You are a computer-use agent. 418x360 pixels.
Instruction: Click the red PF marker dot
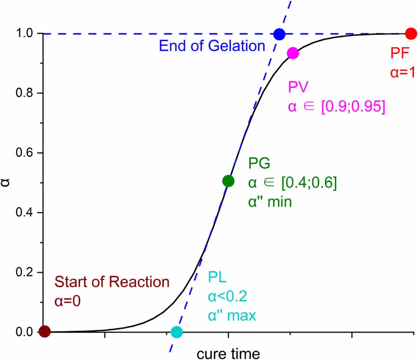pyautogui.click(x=411, y=33)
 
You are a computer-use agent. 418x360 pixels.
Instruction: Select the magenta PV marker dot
pyautogui.click(x=293, y=53)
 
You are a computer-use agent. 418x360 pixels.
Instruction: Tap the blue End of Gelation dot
pyautogui.click(x=279, y=34)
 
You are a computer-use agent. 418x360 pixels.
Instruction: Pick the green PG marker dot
pyautogui.click(x=228, y=181)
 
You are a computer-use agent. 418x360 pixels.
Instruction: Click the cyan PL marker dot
pyautogui.click(x=177, y=332)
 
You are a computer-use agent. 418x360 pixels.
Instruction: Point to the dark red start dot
pyautogui.click(x=44, y=331)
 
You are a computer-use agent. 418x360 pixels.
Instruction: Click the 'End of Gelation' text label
pyautogui.click(x=212, y=46)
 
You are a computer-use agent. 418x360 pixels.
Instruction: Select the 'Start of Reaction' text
pyautogui.click(x=111, y=282)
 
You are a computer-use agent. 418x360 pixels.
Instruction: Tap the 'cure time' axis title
pyautogui.click(x=228, y=353)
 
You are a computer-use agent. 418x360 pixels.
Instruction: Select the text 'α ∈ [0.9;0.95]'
pyautogui.click(x=336, y=107)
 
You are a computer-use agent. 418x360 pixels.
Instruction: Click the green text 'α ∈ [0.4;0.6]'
pyautogui.click(x=292, y=183)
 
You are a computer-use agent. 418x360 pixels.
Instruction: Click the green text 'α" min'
pyautogui.click(x=270, y=202)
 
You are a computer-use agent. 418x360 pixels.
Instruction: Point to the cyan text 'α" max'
pyautogui.click(x=232, y=316)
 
